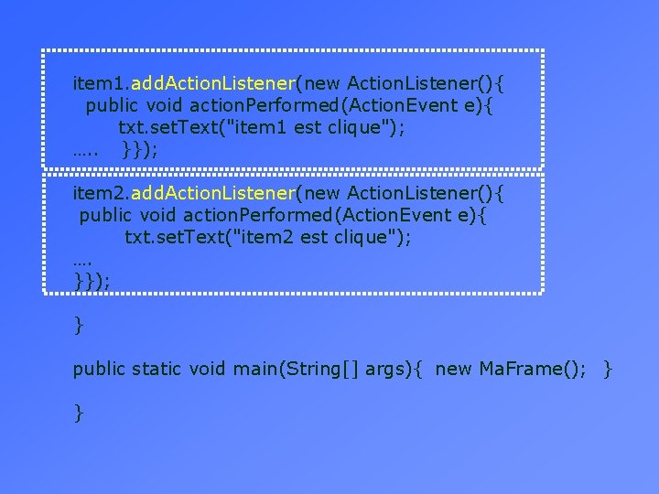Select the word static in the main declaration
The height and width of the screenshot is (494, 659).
click(157, 369)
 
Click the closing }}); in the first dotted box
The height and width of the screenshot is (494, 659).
click(139, 150)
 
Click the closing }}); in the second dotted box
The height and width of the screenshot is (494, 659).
click(92, 282)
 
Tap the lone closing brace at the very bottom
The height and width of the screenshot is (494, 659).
click(79, 413)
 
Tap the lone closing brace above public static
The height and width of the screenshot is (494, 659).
click(79, 325)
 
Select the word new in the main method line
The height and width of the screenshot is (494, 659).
click(454, 369)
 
